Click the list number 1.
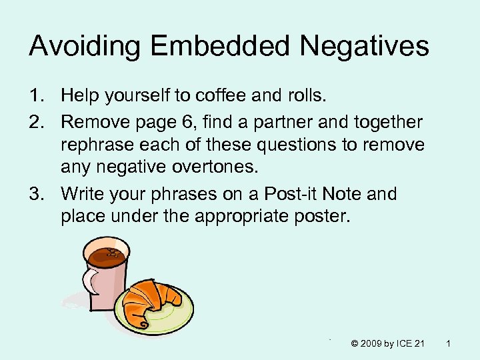pyautogui.click(x=35, y=97)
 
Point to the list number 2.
pyautogui.click(x=35, y=123)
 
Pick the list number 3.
pyautogui.click(x=35, y=195)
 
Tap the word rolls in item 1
pyautogui.click(x=306, y=97)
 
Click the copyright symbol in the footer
pyautogui.click(x=354, y=343)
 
